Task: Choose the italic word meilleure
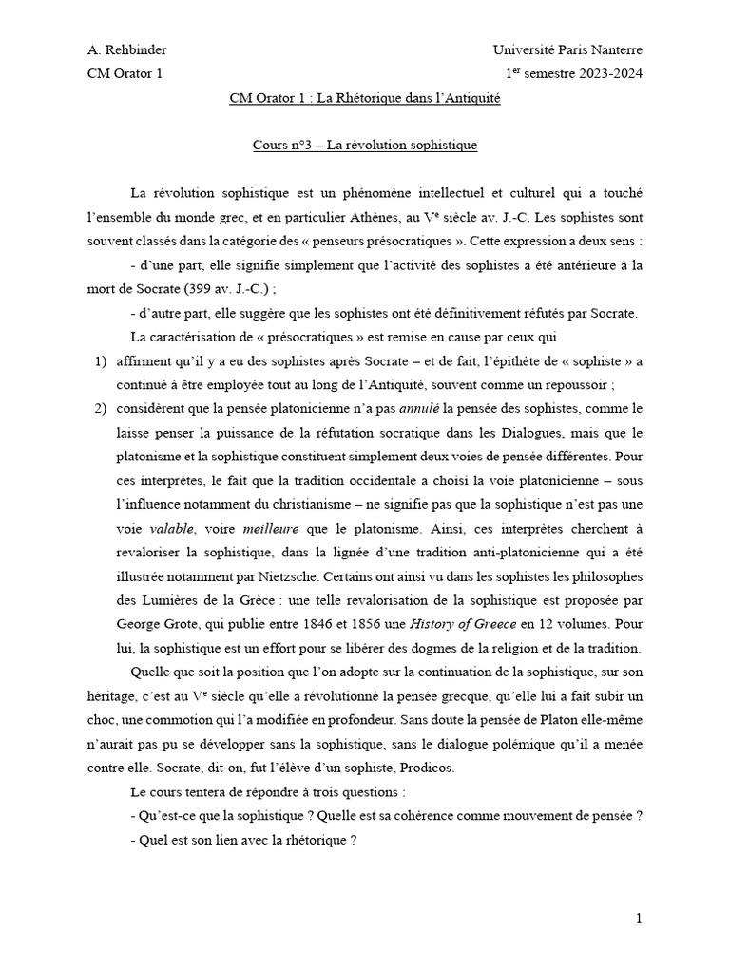(x=271, y=527)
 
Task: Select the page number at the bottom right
(x=640, y=918)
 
